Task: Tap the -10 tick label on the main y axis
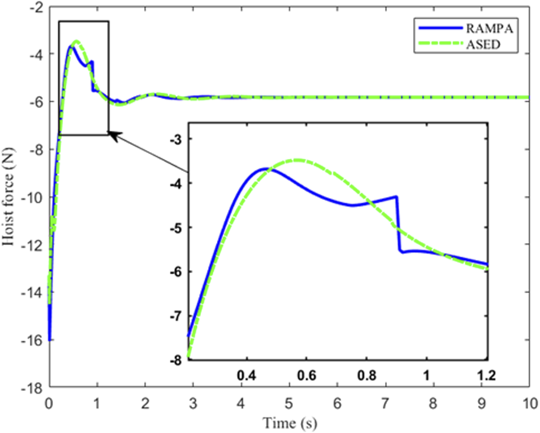32,197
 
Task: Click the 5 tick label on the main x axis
290,404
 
